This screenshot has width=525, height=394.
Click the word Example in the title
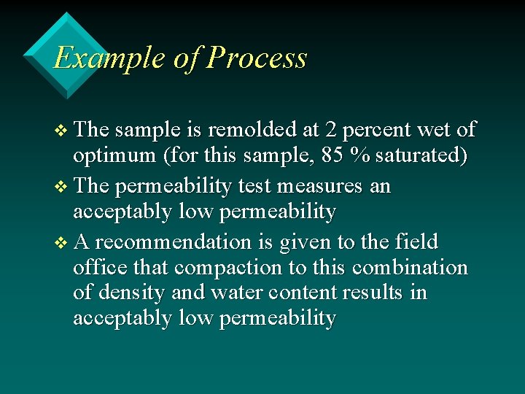(109, 58)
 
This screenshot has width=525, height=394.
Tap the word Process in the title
(256, 58)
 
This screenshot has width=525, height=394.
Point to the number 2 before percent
(331, 130)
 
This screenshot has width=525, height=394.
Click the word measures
(325, 186)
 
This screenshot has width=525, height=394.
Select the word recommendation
(184, 242)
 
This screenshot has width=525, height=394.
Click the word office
(96, 267)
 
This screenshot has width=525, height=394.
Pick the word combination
(410, 267)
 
